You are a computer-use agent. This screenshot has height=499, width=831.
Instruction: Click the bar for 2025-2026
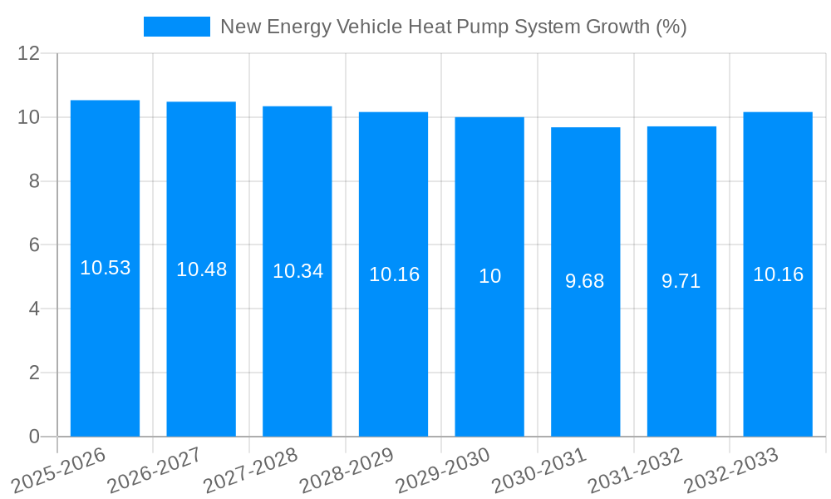point(105,349)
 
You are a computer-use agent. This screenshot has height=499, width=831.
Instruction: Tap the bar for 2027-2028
point(297,349)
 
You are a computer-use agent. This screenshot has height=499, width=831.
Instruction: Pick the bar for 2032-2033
point(778,349)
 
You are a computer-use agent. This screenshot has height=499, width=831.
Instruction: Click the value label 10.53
point(105,268)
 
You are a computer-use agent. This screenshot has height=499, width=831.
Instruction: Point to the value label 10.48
point(201,269)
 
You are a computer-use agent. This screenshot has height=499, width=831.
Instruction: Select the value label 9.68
point(585,281)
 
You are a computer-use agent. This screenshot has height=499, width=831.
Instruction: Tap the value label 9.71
point(681,281)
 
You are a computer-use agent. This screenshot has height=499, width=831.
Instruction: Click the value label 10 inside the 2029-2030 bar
point(489,276)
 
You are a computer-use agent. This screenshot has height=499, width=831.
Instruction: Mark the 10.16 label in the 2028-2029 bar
point(394,274)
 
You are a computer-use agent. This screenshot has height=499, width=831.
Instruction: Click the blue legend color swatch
point(176,27)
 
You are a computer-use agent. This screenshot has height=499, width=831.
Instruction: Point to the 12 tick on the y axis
point(29,53)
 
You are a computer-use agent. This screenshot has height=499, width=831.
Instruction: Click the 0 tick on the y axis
point(34,437)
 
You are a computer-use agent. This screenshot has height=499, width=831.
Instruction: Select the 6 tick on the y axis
point(34,245)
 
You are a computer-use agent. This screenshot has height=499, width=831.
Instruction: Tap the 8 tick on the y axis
point(34,181)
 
